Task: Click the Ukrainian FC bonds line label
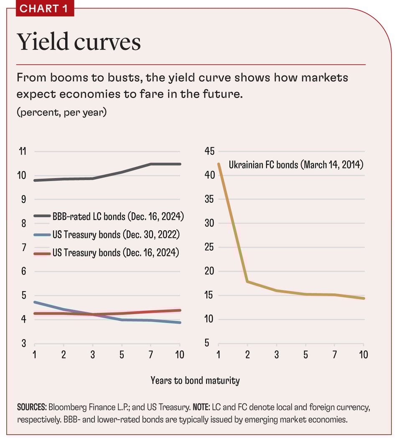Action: (x=296, y=165)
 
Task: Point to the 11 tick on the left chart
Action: (x=22, y=151)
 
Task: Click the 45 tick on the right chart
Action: (x=209, y=151)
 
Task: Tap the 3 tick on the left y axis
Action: (x=23, y=344)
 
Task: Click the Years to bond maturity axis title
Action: (x=195, y=380)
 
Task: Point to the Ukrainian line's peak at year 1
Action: (x=219, y=164)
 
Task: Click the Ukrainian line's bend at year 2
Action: (x=247, y=282)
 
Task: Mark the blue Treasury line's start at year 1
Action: (x=34, y=302)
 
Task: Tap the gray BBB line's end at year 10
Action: (x=180, y=164)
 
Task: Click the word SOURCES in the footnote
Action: (x=32, y=407)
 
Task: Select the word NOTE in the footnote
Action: (x=212, y=407)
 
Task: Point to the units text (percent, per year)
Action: (x=61, y=113)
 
